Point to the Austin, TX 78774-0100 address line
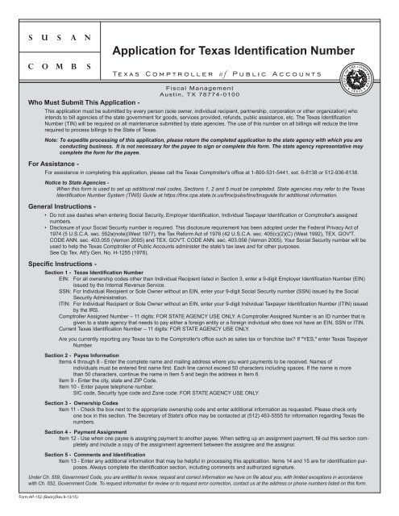[x=199, y=94]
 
